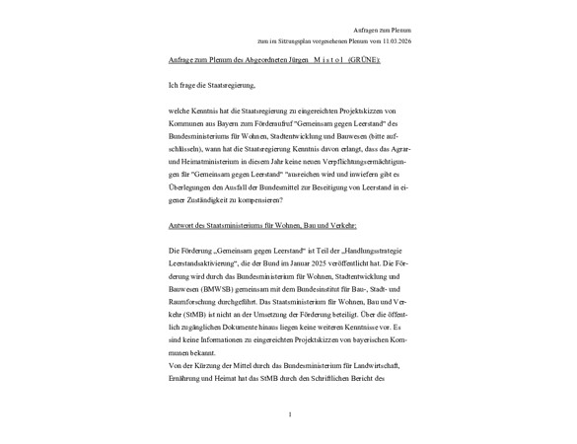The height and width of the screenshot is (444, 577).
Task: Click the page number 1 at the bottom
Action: coord(290,414)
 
